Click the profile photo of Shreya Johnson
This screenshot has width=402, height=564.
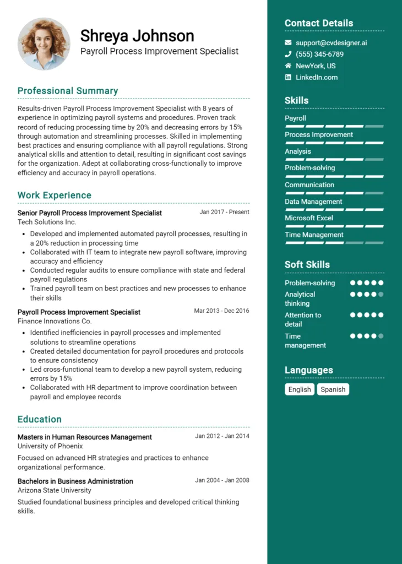pos(44,44)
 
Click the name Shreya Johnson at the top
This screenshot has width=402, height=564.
pos(137,36)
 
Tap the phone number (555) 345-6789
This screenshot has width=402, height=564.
pos(319,54)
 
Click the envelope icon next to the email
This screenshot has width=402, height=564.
pos(288,42)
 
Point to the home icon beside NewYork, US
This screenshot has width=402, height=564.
pos(288,66)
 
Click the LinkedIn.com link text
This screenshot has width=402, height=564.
pos(317,77)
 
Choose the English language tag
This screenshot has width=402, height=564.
pos(300,389)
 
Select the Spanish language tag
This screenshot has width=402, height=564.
pos(333,389)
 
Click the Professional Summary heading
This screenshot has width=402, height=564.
pos(68,91)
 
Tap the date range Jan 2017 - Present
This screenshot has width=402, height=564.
pos(224,212)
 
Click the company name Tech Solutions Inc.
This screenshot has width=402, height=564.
pos(47,222)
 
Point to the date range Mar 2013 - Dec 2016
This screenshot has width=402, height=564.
pos(221,311)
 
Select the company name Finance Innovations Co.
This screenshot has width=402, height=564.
pos(55,321)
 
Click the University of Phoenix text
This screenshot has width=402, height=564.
pos(50,446)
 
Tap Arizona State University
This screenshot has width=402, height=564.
pos(55,490)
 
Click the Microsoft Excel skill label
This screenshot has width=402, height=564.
pos(309,218)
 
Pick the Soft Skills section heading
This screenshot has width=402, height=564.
pos(307,264)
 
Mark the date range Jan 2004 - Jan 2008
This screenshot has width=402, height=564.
pos(222,480)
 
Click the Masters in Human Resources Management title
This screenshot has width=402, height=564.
pos(85,437)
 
